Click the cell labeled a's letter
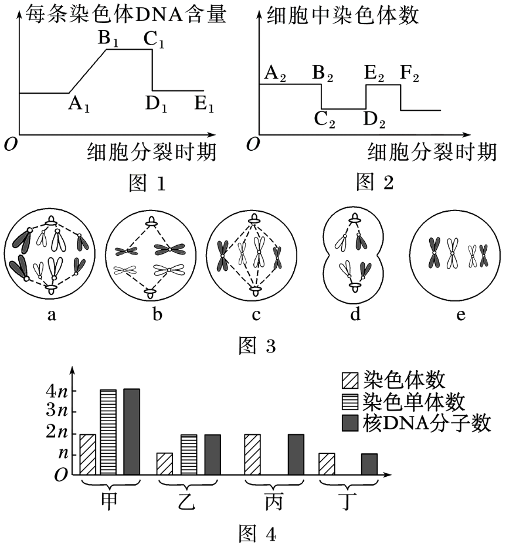click(52, 315)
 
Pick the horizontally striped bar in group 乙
click(189, 454)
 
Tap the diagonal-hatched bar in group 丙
click(252, 454)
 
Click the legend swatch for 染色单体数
click(351, 402)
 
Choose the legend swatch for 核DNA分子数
click(351, 423)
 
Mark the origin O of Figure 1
click(10, 143)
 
